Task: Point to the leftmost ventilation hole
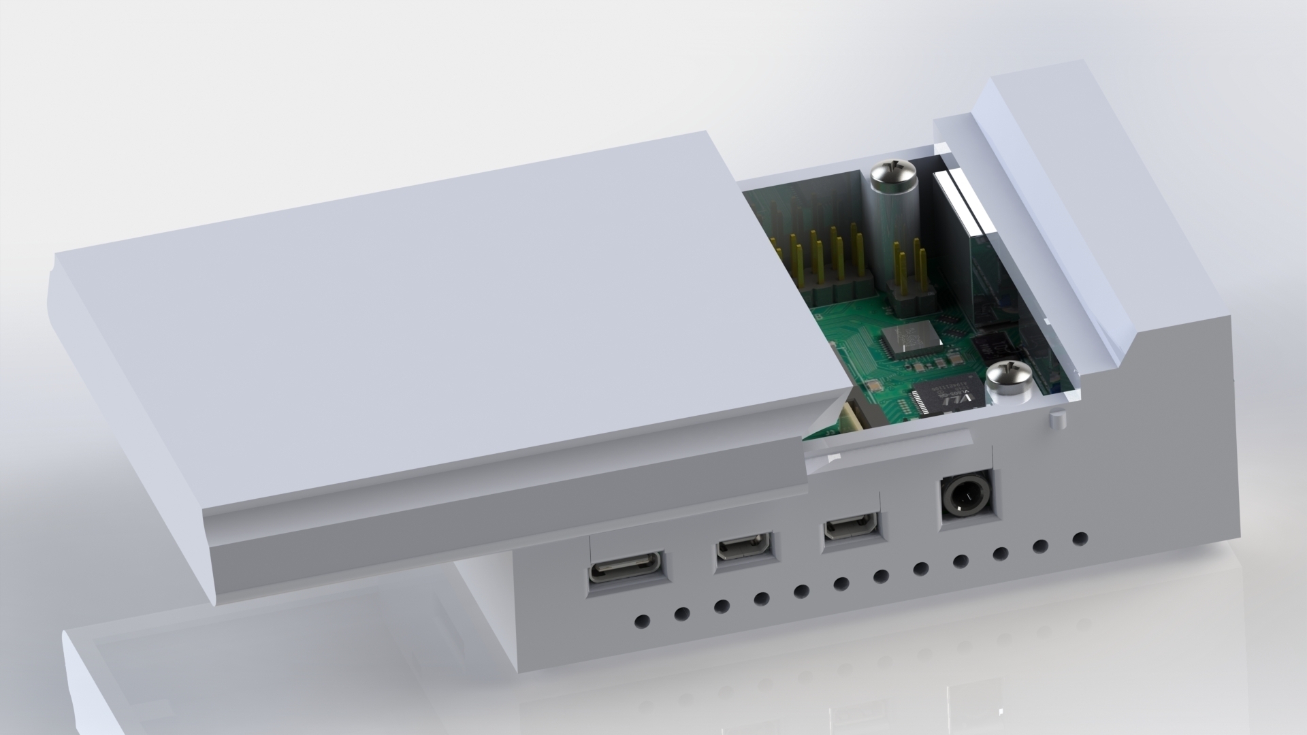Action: [641, 621]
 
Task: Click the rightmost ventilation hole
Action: [1079, 538]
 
